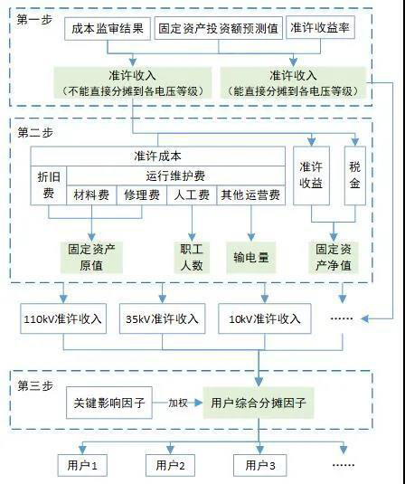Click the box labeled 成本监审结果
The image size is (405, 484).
[108, 29]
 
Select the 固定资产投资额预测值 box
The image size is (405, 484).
[219, 28]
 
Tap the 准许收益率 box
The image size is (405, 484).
[320, 27]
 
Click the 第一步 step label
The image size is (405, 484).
[34, 20]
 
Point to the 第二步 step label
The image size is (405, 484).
[35, 133]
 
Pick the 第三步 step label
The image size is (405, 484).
[35, 385]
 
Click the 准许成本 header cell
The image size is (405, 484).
[157, 157]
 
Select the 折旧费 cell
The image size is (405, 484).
[49, 185]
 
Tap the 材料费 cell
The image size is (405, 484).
[91, 195]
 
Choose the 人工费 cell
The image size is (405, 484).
[192, 195]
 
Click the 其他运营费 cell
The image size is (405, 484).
[250, 195]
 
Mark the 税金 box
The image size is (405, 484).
[355, 176]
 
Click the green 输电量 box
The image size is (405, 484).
[251, 258]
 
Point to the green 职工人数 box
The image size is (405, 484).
[192, 258]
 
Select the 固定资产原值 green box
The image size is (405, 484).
[91, 258]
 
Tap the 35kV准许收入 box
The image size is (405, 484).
[162, 318]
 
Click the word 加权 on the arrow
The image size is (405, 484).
[178, 403]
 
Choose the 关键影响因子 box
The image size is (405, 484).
[109, 403]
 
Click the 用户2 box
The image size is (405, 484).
[170, 466]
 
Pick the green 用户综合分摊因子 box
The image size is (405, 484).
[259, 403]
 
